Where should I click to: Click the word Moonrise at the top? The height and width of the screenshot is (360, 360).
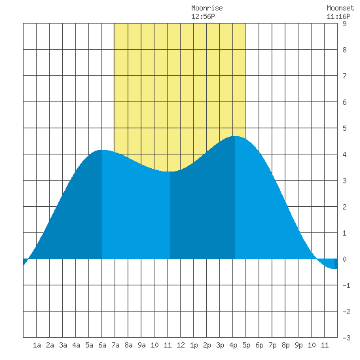207,8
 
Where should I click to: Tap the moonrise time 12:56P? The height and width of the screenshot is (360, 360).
203,16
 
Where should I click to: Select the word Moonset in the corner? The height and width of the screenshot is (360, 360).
340,8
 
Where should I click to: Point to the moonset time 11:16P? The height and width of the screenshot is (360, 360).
338,16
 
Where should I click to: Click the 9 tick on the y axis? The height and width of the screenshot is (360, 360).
344,24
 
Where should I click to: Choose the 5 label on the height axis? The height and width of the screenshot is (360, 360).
344,128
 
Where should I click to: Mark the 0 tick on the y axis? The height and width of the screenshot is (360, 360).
344,259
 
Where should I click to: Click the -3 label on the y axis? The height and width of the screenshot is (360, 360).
346,338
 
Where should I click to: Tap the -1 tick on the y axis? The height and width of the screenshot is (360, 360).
346,285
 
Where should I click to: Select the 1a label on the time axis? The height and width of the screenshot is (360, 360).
37,345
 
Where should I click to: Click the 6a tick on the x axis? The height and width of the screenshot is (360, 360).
102,345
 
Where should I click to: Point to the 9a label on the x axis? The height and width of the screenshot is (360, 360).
141,345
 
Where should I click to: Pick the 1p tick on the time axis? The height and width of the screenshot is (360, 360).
194,345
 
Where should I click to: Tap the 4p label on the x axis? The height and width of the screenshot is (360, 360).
233,345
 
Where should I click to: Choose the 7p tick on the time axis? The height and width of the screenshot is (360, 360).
272,345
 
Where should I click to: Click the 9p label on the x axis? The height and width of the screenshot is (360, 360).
298,345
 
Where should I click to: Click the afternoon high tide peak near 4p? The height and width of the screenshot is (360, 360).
235,136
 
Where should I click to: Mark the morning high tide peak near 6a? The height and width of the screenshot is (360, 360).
102,150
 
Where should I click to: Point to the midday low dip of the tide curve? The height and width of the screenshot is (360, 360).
170,171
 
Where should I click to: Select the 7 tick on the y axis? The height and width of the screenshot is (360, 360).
344,76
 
